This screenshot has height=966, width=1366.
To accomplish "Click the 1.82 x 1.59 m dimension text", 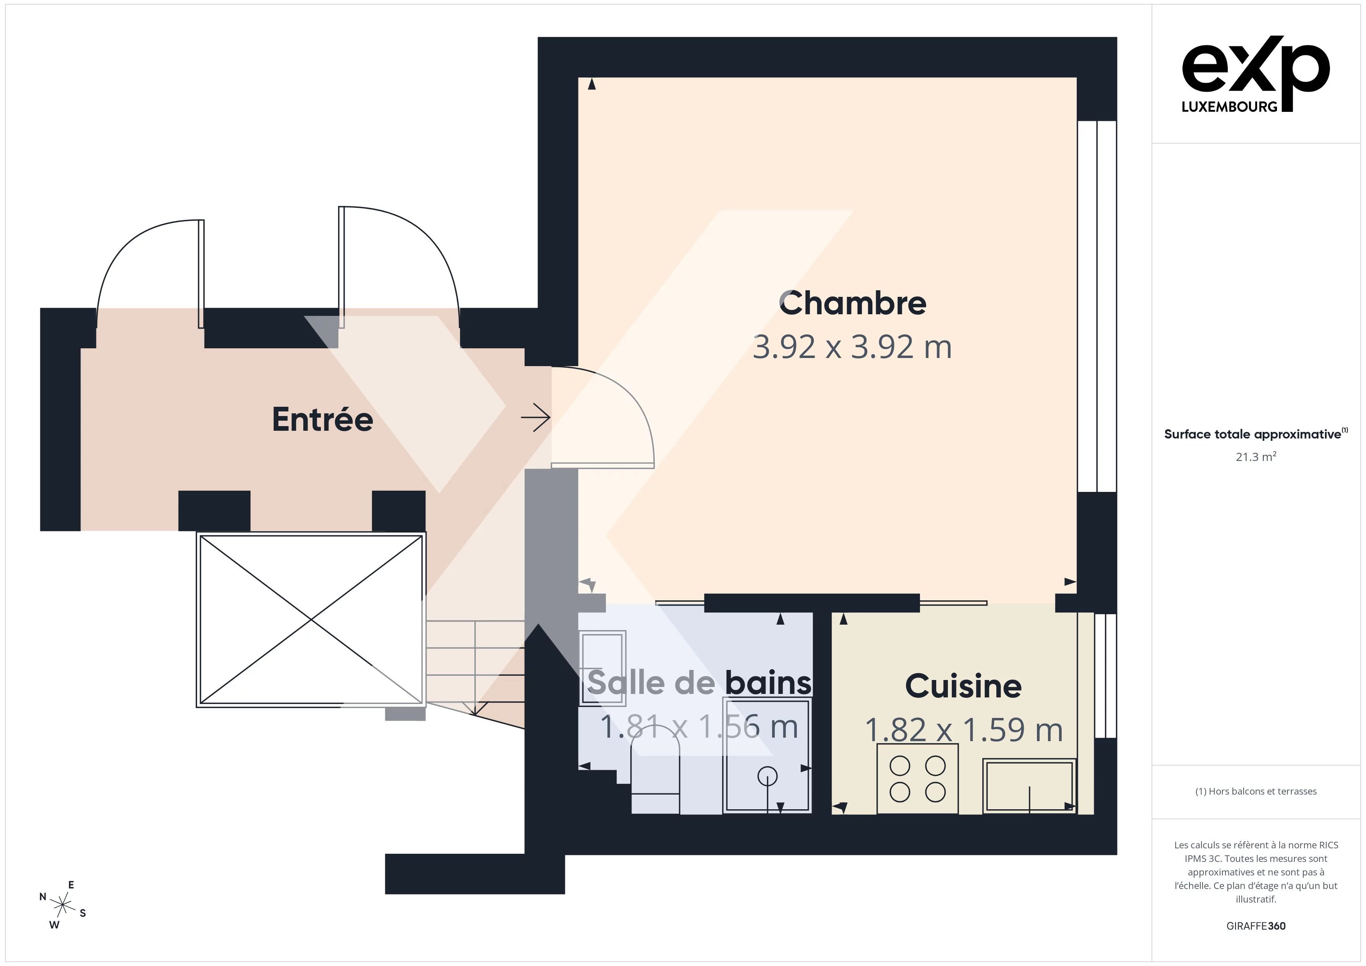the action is tap(963, 730).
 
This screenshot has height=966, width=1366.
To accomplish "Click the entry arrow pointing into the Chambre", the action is tap(535, 418).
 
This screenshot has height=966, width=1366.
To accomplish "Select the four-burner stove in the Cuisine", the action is tap(917, 779).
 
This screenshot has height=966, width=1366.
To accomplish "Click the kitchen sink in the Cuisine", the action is tap(1029, 786).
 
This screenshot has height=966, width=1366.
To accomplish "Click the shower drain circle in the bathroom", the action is tap(767, 776).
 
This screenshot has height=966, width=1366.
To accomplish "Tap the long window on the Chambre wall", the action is tap(1097, 307).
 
